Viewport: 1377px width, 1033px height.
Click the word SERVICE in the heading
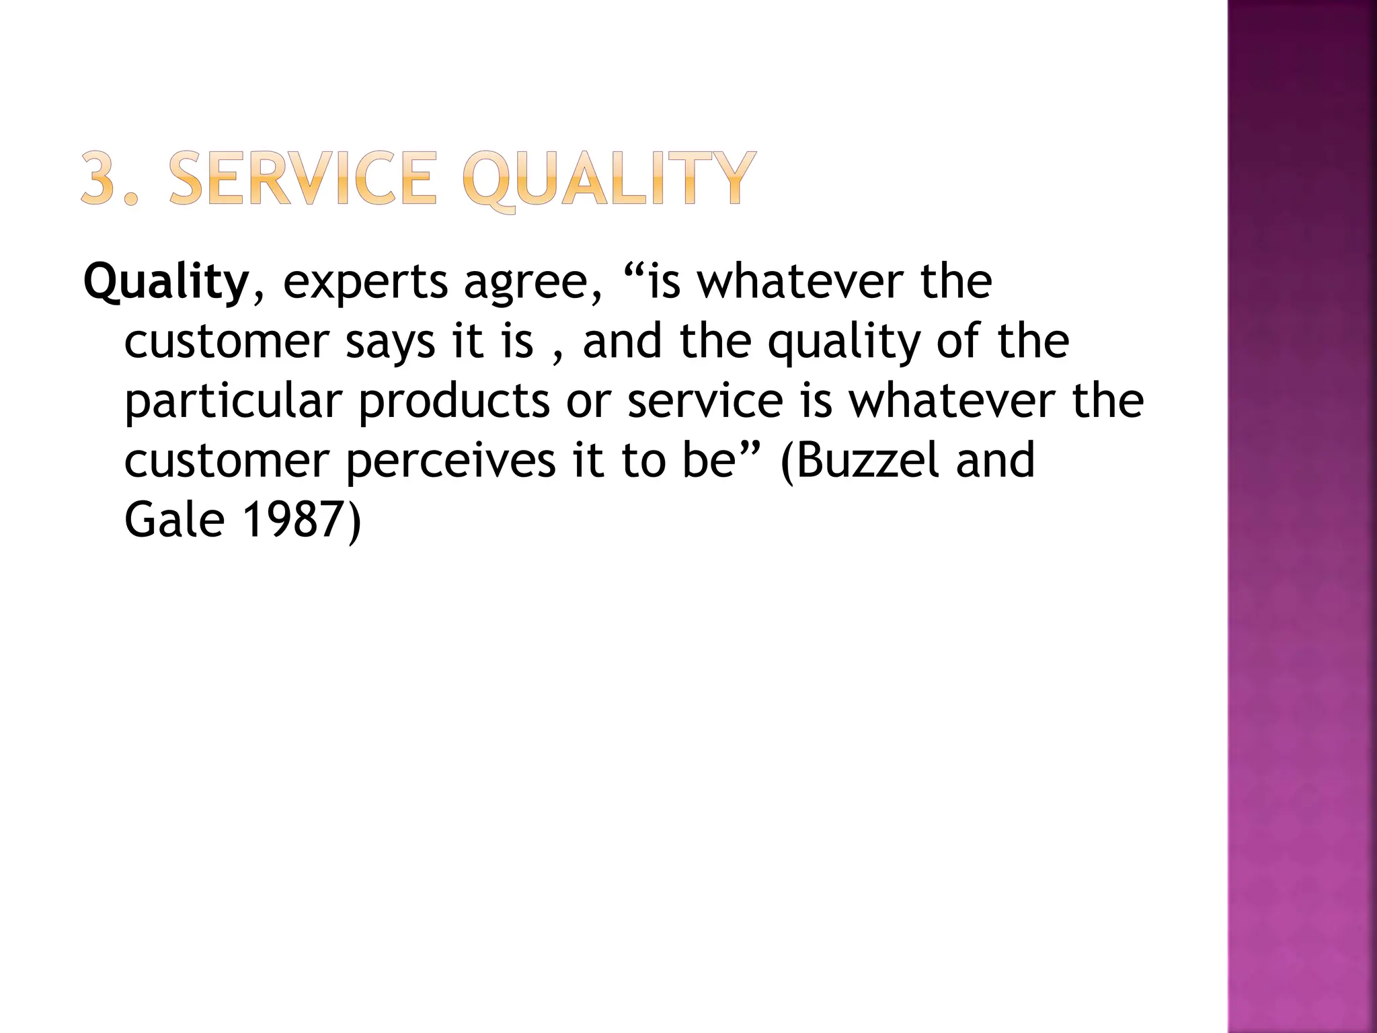[x=303, y=178]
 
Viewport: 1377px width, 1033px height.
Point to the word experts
[x=365, y=283]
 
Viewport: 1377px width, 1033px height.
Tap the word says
[x=389, y=342]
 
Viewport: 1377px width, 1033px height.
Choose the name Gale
[x=174, y=519]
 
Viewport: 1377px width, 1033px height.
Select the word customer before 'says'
[x=226, y=342]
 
